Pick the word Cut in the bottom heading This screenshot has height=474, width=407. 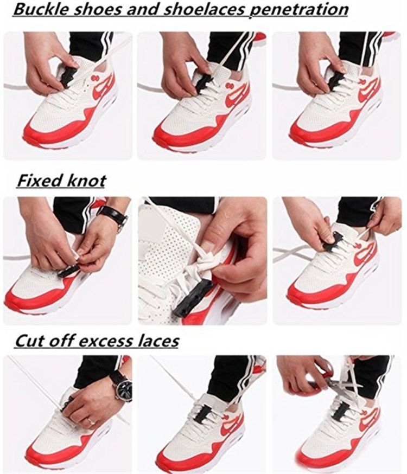(x=30, y=341)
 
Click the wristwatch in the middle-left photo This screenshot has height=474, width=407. (x=113, y=215)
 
